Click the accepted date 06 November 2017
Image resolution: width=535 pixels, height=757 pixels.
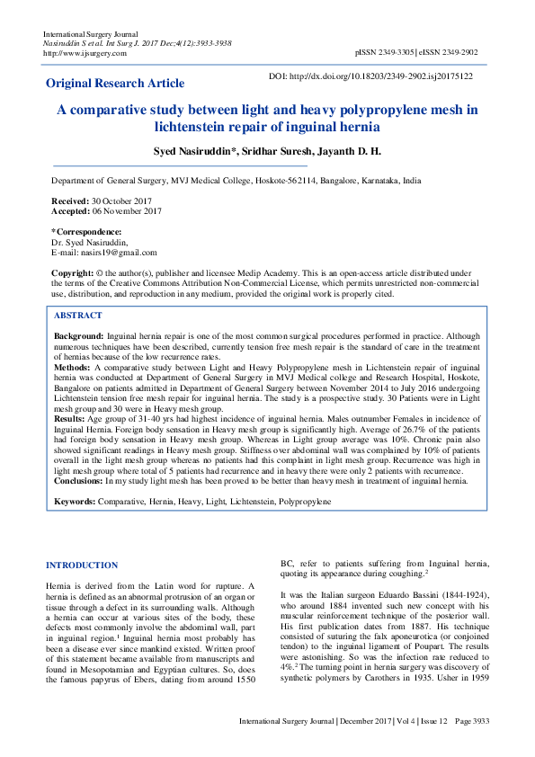[x=126, y=211]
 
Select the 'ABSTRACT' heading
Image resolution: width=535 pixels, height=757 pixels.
[x=78, y=316]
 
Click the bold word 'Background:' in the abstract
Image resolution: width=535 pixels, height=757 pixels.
[x=79, y=334]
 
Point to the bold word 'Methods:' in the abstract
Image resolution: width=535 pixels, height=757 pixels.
[x=73, y=368]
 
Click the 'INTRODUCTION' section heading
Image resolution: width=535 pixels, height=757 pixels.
[x=81, y=566]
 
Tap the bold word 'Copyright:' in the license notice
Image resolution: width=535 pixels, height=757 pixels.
[x=73, y=272]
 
